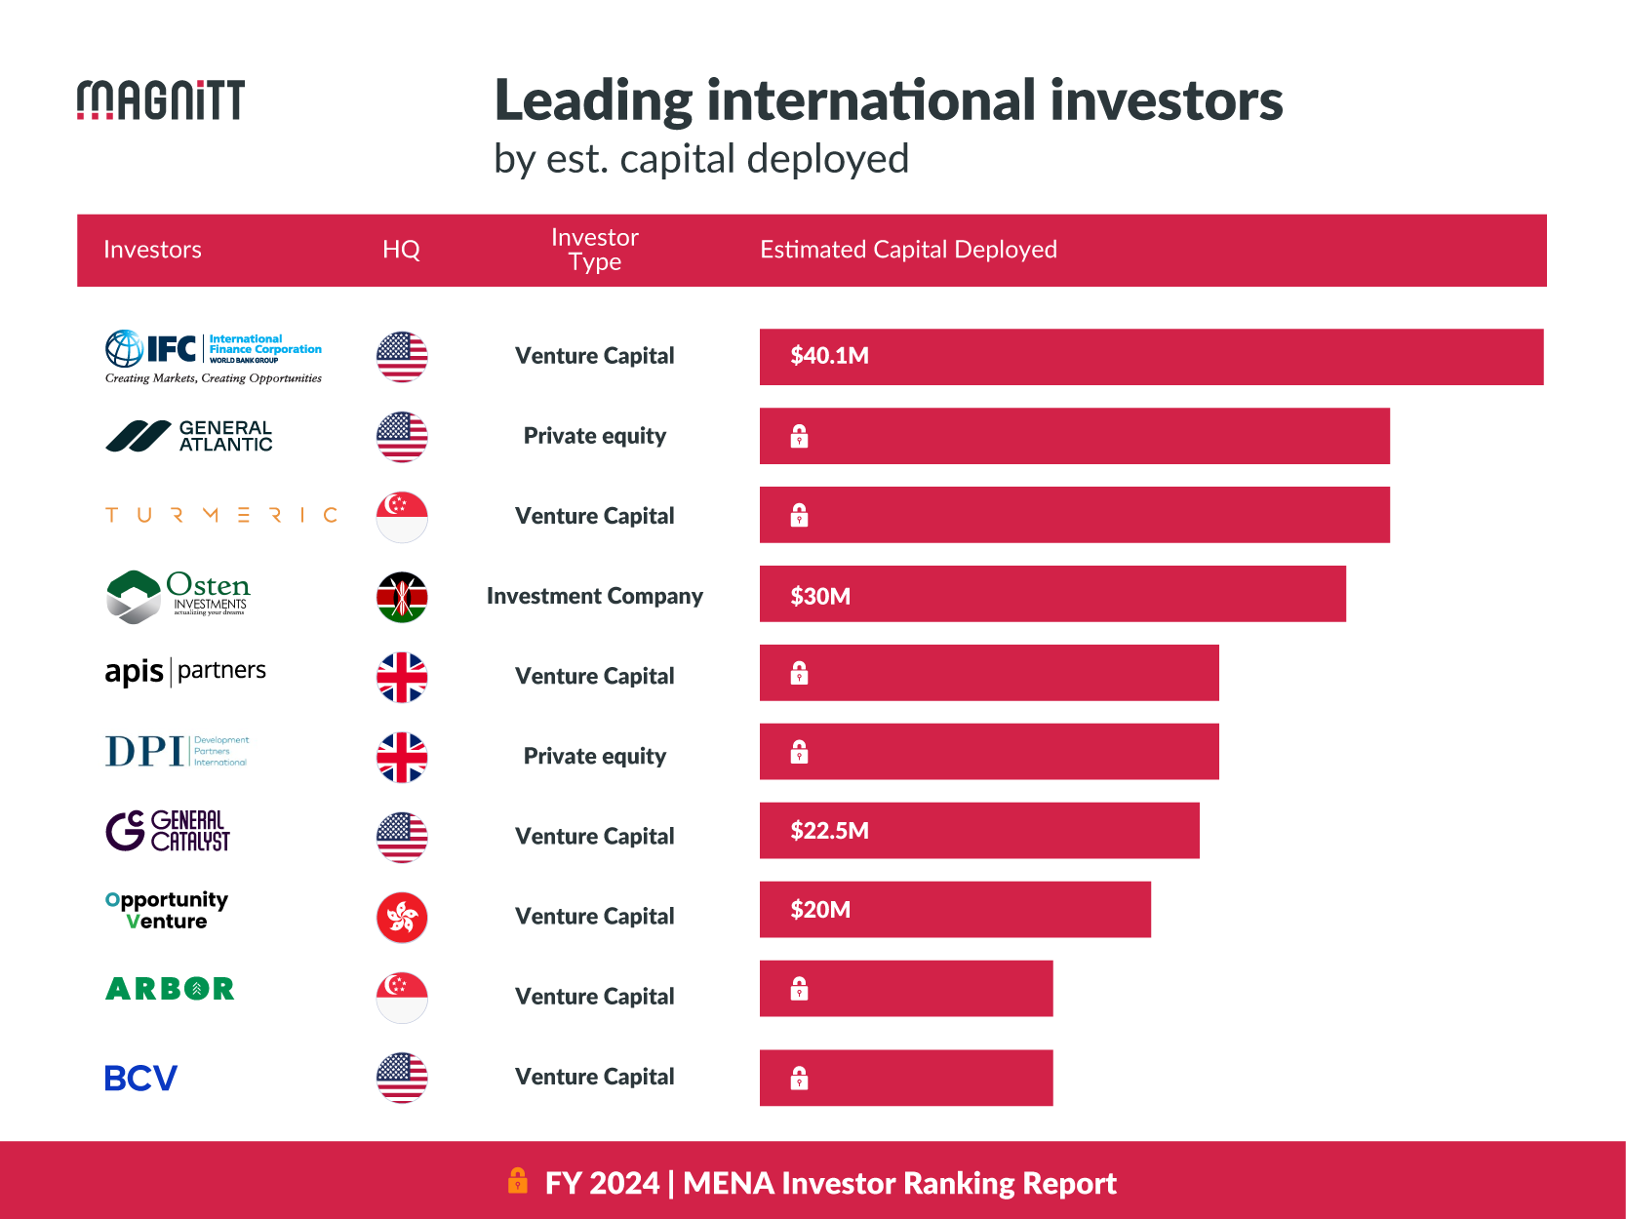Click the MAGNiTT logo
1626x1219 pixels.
pos(161,100)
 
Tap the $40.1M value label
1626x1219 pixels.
pos(829,356)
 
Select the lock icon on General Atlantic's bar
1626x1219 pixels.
pos(799,436)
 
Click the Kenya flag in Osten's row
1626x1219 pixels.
pos(402,597)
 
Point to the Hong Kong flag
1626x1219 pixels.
pos(402,917)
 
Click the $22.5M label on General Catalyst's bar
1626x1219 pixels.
pos(829,831)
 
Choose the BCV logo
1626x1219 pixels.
pos(141,1078)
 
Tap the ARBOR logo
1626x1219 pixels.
pos(170,989)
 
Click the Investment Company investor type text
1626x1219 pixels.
pos(594,596)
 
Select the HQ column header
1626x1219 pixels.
pos(401,250)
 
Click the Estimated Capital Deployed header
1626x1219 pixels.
pos(908,250)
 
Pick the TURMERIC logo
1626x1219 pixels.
pos(221,515)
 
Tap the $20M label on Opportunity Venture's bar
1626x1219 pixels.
pos(820,910)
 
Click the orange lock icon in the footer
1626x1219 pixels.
pos(518,1181)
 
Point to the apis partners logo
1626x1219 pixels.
pos(185,671)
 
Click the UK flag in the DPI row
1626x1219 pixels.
pos(402,757)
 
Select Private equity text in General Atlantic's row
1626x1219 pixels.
pos(594,436)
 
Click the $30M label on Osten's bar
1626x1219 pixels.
pos(820,596)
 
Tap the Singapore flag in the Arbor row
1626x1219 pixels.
pos(402,997)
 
